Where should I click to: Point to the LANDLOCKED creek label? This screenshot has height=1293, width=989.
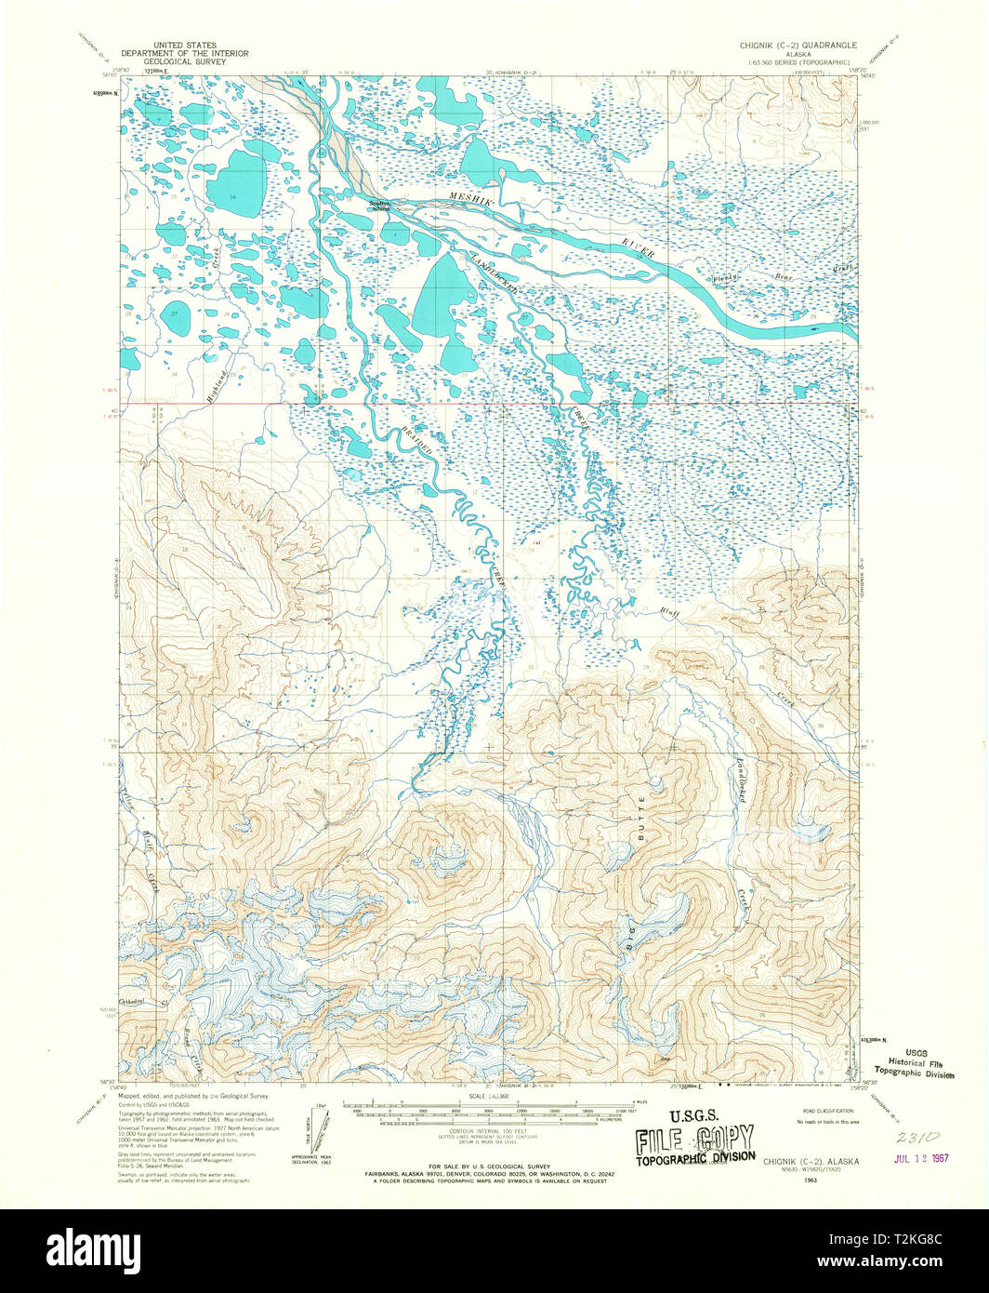click(493, 273)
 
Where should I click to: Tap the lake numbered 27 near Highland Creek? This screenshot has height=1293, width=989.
click(174, 317)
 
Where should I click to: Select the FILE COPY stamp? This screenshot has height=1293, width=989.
click(695, 1140)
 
